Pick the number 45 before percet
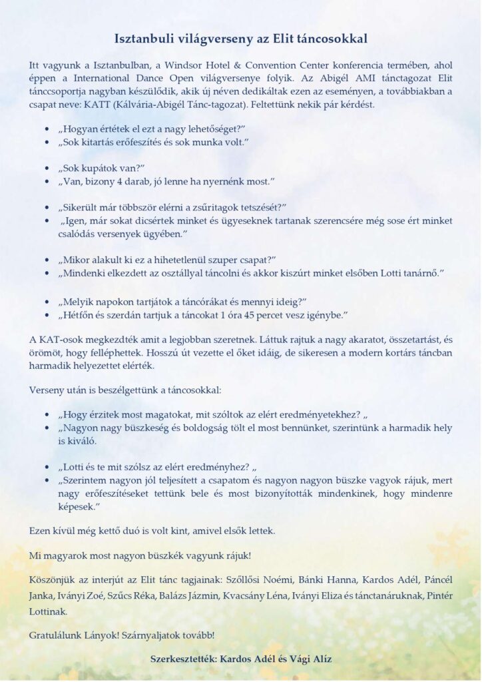pyautogui.click(x=252, y=313)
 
